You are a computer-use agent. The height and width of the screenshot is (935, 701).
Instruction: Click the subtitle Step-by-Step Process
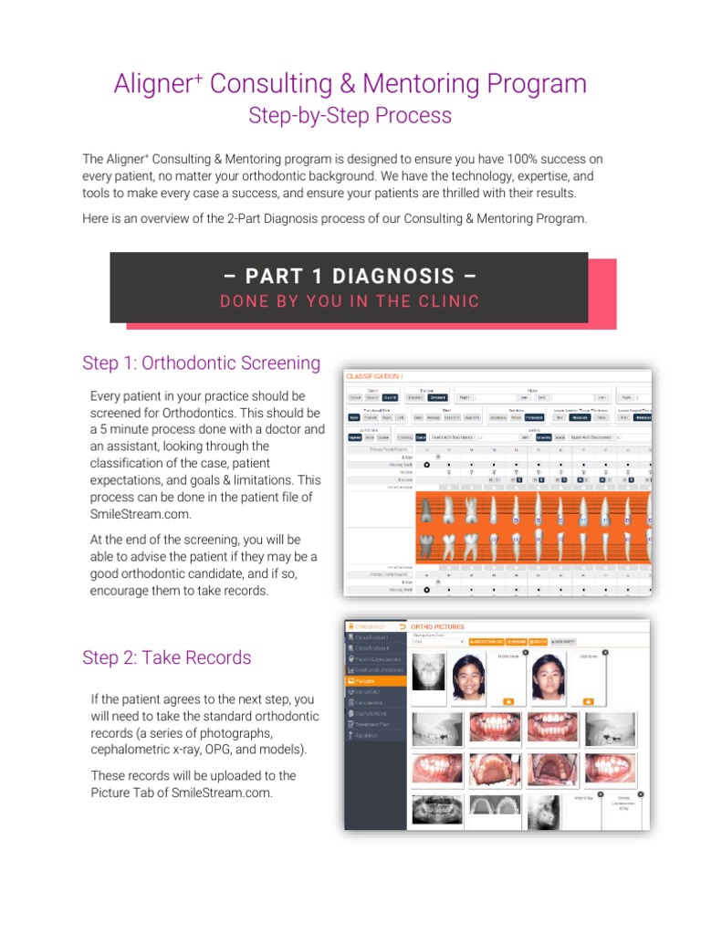[350, 115]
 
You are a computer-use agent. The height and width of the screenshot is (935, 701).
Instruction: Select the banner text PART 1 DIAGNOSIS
[349, 276]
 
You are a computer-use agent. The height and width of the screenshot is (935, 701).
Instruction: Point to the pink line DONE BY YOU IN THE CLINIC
[349, 301]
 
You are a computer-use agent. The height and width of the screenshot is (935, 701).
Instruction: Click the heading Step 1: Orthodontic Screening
[201, 362]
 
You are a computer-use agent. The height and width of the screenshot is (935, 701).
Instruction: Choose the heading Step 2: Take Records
[166, 657]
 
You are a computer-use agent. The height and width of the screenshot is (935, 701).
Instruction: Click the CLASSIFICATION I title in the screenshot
[374, 375]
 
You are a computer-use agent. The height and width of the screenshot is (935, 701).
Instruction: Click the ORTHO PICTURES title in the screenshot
[437, 627]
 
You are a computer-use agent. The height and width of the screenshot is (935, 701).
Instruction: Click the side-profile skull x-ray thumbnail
[545, 809]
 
